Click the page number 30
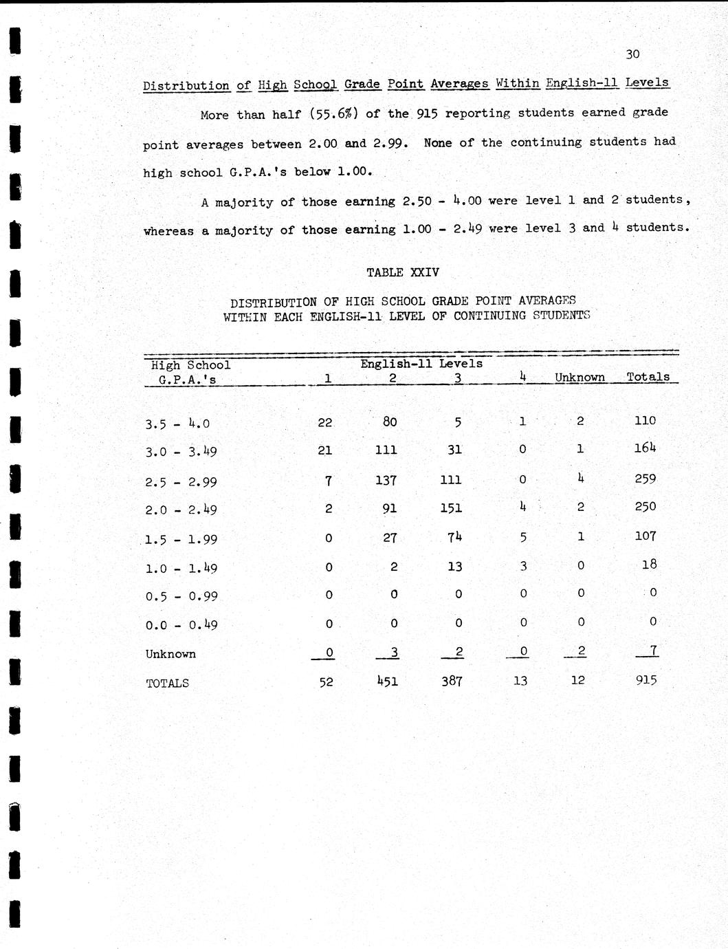pos(633,54)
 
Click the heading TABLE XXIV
pos(403,272)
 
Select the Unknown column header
pos(580,377)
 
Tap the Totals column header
pos(648,377)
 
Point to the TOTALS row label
pos(167,683)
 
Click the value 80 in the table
pos(390,422)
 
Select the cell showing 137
pos(386,480)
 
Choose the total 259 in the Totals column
pos(645,479)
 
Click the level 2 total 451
pos(386,681)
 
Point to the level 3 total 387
pos(451,681)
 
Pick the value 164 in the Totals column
pos(645,448)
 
